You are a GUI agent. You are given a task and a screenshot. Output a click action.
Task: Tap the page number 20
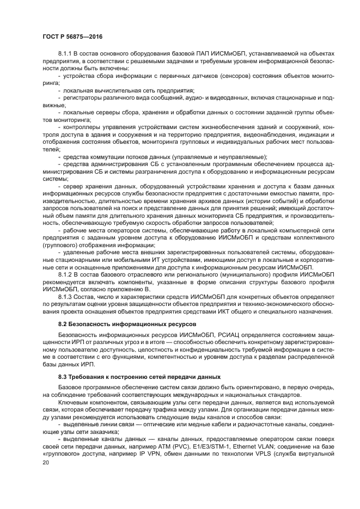(x=46, y=462)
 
